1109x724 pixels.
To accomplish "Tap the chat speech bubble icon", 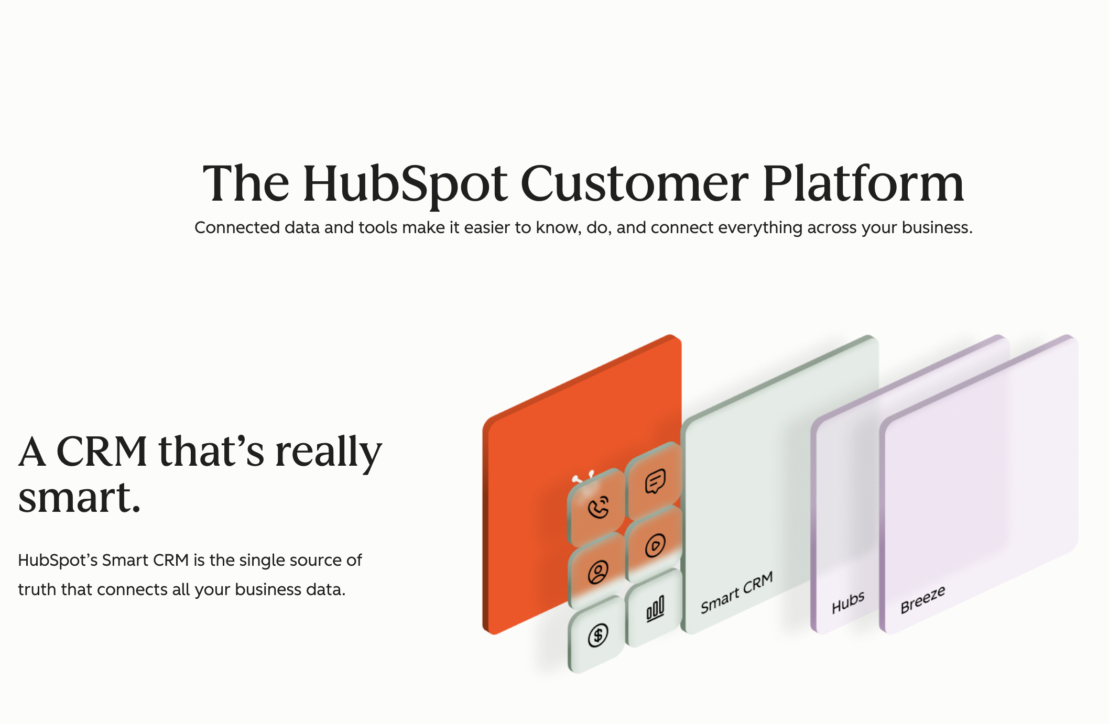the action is pos(655,481).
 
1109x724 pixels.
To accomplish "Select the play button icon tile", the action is pos(655,545).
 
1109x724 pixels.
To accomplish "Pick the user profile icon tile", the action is pos(597,572).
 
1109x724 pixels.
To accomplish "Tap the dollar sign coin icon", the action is pos(597,635).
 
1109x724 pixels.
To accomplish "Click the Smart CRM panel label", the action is pos(736,593).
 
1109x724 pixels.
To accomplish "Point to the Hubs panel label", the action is pos(848,602).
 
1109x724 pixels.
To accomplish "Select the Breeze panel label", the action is pos(923,599).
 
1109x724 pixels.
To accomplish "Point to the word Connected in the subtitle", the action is pos(237,227).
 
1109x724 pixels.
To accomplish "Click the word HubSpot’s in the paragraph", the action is pos(58,561).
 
